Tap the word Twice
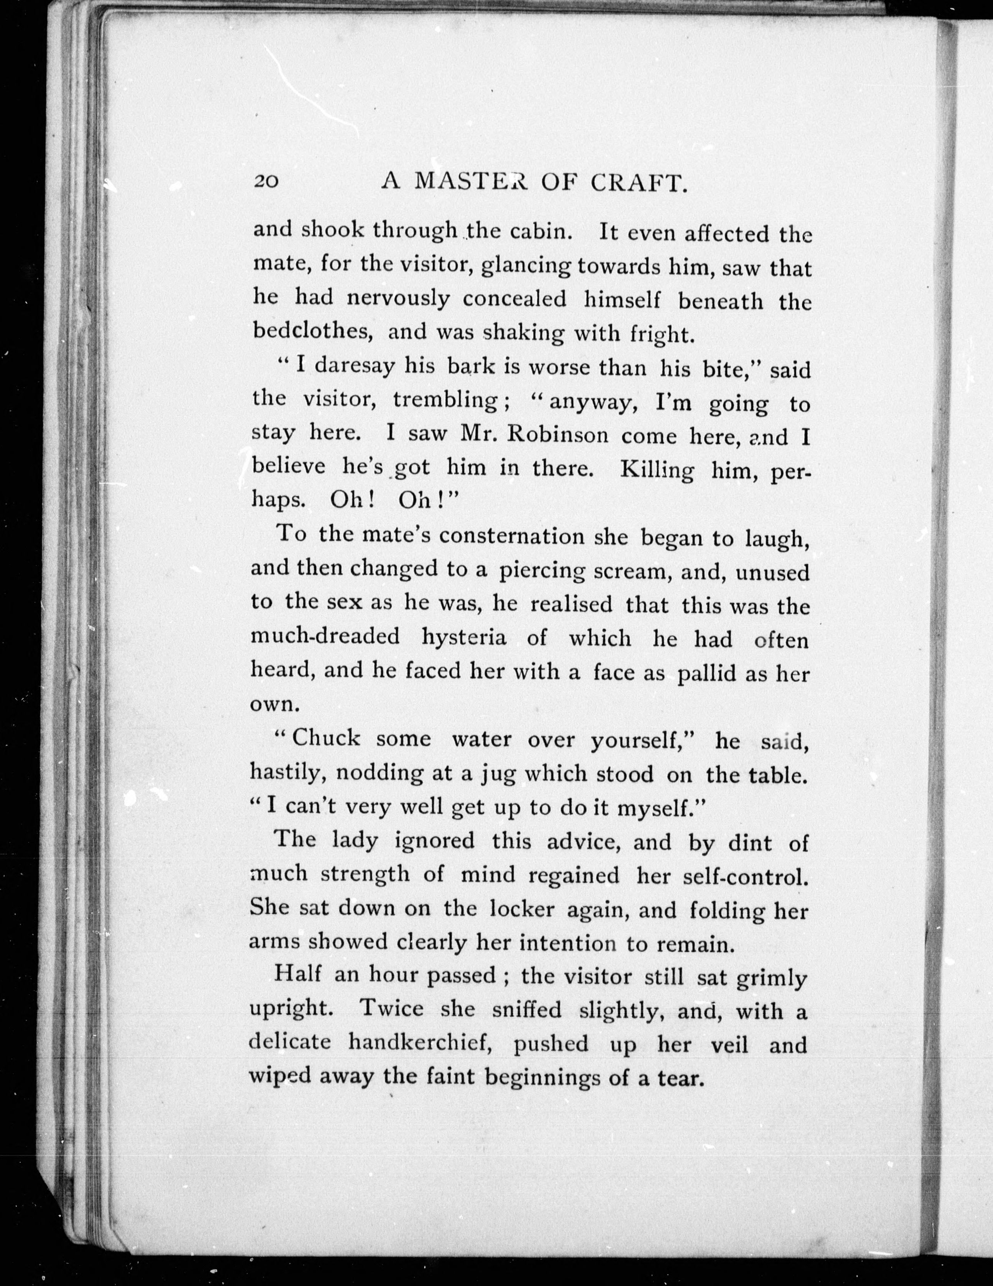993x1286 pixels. [x=391, y=1009]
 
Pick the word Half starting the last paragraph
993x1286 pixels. [x=297, y=975]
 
